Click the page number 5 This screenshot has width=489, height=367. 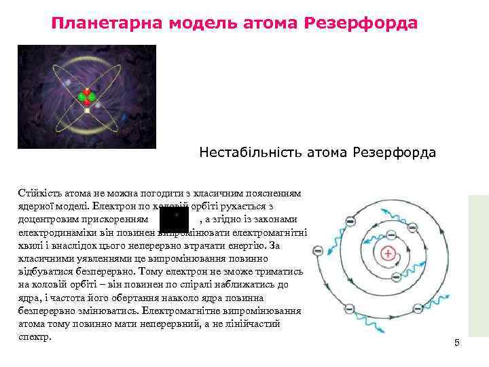tap(457, 343)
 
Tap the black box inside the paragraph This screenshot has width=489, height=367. tap(174, 220)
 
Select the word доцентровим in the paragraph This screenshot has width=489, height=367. tap(45, 220)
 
